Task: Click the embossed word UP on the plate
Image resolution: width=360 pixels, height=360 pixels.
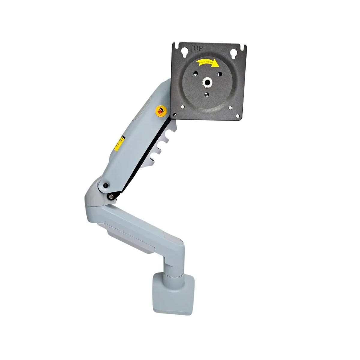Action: pyautogui.click(x=198, y=48)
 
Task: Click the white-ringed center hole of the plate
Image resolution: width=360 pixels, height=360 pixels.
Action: pyautogui.click(x=207, y=82)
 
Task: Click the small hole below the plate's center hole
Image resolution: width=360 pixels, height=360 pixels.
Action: pyautogui.click(x=206, y=95)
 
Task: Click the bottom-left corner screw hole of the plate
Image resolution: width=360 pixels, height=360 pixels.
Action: pyautogui.click(x=182, y=106)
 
